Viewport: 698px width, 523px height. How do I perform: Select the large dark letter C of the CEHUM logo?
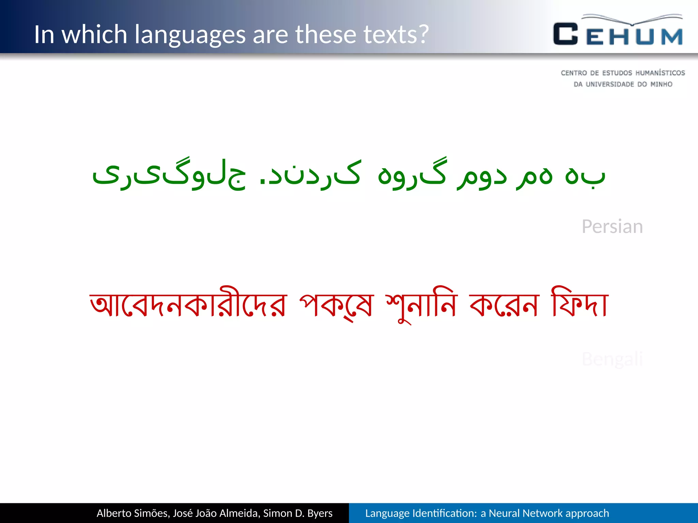[565, 34]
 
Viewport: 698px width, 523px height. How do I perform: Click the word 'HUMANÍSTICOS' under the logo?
[660, 73]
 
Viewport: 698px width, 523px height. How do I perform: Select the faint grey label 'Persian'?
[612, 226]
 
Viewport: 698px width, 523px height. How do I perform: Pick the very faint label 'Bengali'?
[612, 359]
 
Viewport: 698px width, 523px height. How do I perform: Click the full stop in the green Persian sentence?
[262, 180]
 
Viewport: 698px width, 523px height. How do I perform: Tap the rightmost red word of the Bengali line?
[580, 303]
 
